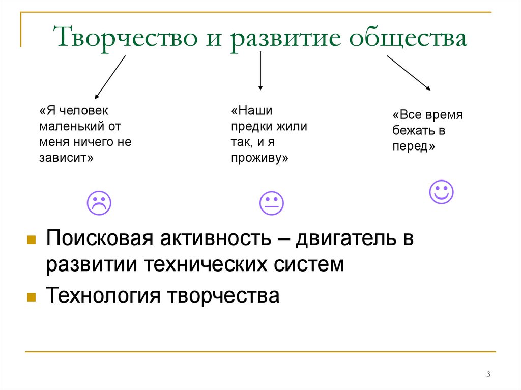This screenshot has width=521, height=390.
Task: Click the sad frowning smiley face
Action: (99, 203)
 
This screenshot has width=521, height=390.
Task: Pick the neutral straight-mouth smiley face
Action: (271, 203)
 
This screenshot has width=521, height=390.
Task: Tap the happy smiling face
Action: (441, 192)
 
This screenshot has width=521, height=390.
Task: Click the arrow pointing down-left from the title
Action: (110, 76)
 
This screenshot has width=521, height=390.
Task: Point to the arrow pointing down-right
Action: (409, 73)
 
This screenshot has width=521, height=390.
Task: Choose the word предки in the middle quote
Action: (251, 126)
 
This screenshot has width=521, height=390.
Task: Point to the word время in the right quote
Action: (445, 114)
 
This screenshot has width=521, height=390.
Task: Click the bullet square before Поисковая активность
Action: (31, 239)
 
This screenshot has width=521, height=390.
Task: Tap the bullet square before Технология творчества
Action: (31, 296)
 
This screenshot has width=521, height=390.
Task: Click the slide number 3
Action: (488, 375)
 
